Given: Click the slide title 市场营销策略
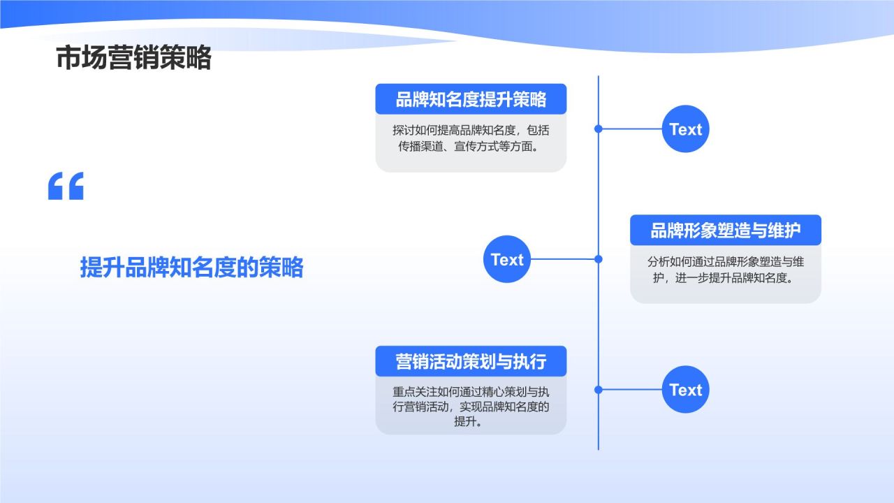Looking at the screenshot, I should (133, 59).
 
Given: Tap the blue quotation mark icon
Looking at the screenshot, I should (66, 186).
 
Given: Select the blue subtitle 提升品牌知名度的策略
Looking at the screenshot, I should (191, 267).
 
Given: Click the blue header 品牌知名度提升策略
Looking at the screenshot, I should (471, 99).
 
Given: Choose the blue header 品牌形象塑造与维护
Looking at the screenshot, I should (725, 231).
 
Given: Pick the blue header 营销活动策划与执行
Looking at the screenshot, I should (471, 361).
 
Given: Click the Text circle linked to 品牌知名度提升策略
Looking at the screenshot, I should (685, 129).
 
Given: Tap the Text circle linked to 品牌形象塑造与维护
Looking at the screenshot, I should (507, 259).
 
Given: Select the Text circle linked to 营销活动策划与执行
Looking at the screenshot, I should (685, 390).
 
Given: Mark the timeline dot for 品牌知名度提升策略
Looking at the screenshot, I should (598, 129).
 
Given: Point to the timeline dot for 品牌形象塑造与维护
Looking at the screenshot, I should (598, 259).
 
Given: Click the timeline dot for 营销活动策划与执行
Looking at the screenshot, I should (598, 390).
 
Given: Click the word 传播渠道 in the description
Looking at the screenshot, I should (421, 147).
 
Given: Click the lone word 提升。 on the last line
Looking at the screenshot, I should (471, 422).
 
